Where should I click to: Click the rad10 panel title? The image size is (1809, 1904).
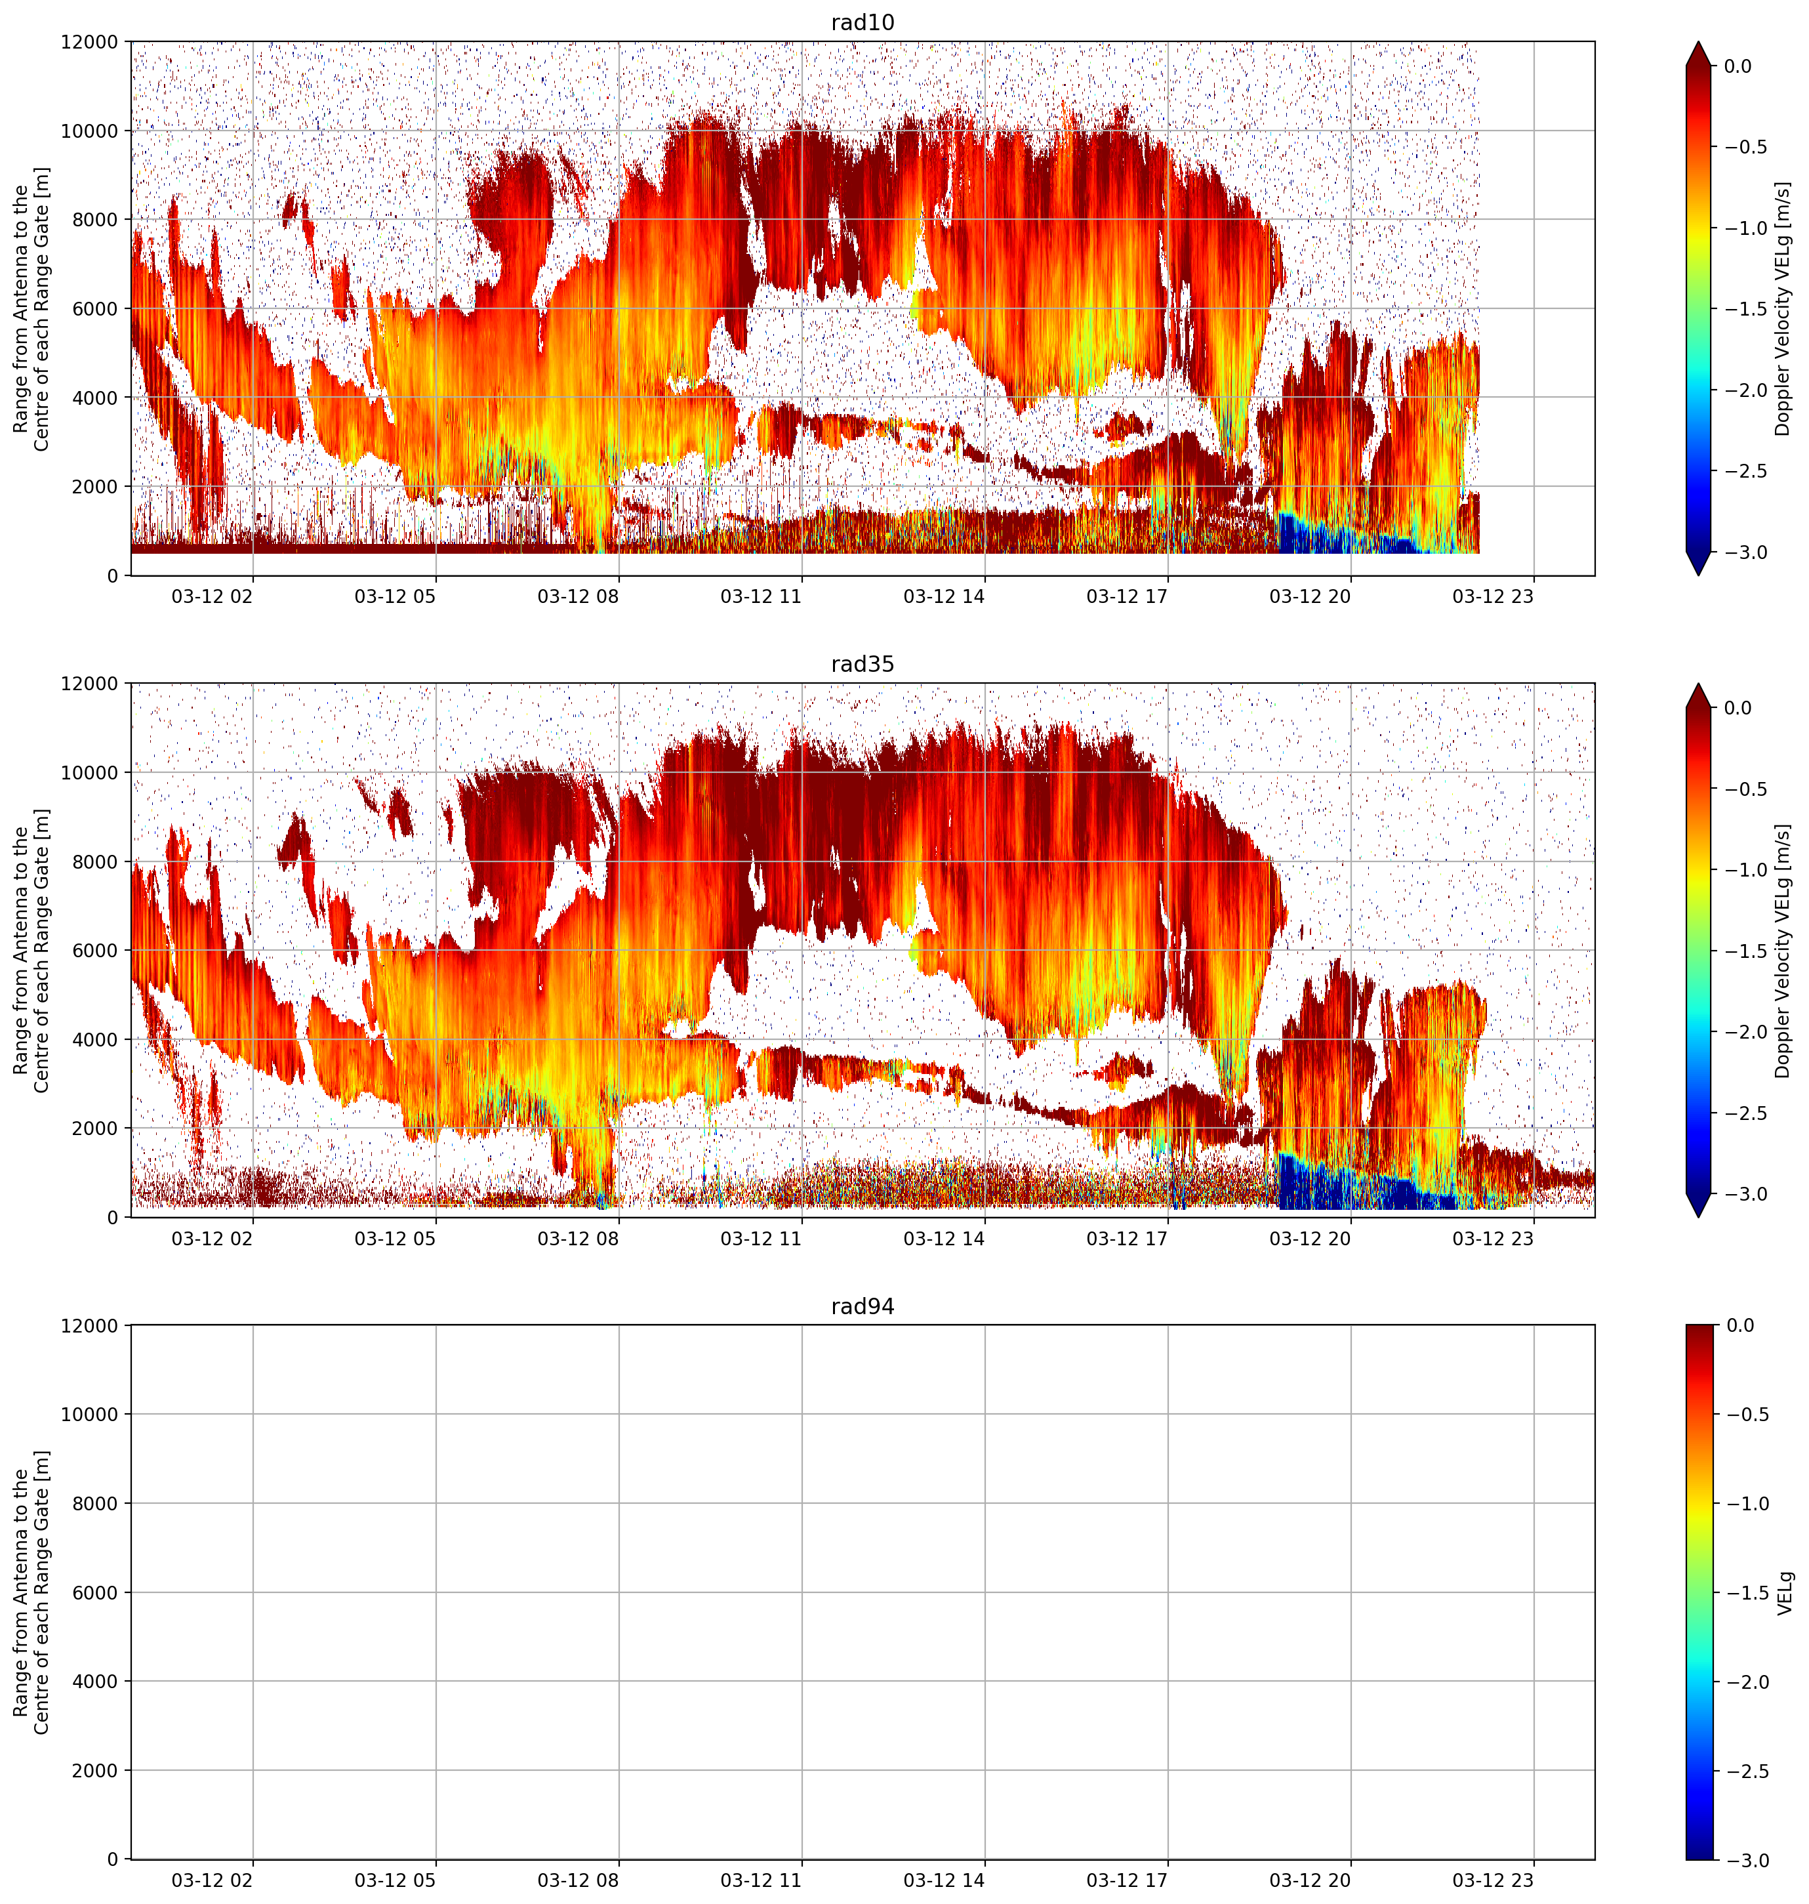point(862,22)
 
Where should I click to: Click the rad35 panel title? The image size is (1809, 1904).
point(862,665)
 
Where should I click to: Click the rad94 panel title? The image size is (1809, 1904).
point(862,1307)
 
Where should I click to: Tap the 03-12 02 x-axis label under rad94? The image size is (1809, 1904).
point(212,1881)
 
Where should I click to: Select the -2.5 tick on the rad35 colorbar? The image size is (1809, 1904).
point(1747,1113)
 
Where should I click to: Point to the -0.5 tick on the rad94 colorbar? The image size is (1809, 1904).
point(1747,1415)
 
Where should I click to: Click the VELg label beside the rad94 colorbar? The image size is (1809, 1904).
point(1785,1592)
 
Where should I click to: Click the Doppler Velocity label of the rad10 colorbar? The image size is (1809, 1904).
point(1783,308)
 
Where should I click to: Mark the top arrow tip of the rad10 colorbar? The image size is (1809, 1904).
point(1700,41)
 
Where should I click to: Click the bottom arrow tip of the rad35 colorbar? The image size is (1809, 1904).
point(1700,1217)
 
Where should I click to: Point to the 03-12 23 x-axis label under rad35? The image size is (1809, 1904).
point(1493,1239)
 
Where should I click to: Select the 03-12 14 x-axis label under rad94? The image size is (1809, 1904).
point(944,1881)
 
